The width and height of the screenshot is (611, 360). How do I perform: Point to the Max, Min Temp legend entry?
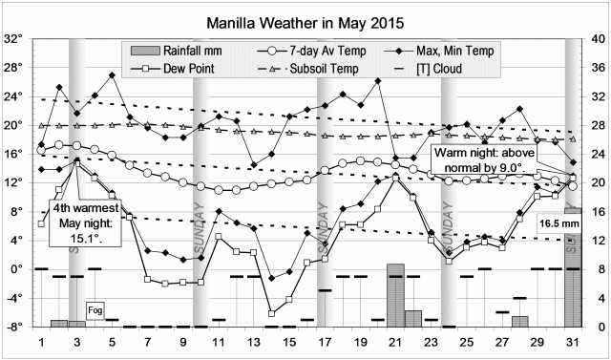point(446,50)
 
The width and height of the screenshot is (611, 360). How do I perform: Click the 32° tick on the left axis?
point(13,39)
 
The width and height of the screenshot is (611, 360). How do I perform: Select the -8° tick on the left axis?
point(13,327)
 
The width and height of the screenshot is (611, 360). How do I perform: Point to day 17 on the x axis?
point(325,342)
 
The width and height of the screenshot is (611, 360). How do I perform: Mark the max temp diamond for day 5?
point(113,74)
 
